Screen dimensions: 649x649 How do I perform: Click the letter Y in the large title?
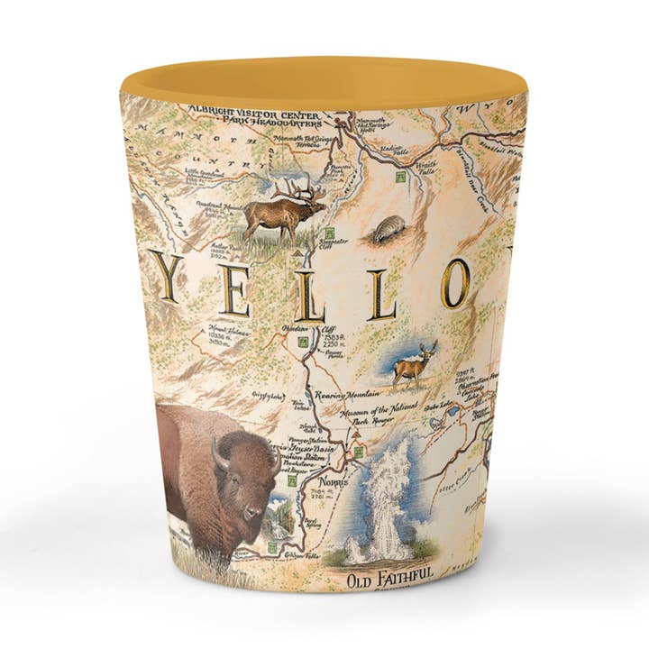166,277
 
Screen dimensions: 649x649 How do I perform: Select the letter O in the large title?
454,281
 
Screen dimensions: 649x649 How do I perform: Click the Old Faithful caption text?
390,574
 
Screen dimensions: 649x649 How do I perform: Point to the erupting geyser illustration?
383,500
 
